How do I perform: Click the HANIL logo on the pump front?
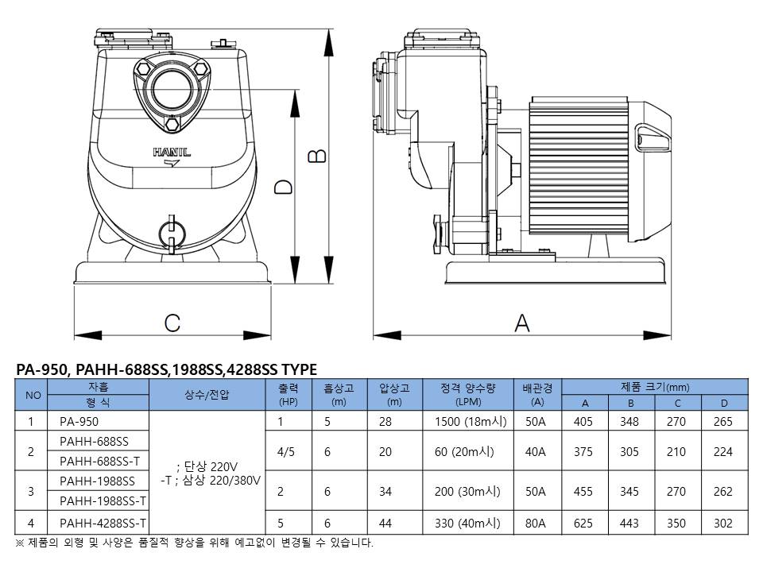[x=172, y=152]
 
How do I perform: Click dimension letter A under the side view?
[x=522, y=322]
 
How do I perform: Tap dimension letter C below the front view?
[x=172, y=323]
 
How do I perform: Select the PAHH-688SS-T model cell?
[x=99, y=462]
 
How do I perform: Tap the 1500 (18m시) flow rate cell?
[x=471, y=422]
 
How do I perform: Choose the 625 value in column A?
[x=584, y=523]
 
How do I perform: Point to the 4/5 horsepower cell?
[x=286, y=451]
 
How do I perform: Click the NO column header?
[x=32, y=396]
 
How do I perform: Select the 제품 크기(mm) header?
[x=655, y=388]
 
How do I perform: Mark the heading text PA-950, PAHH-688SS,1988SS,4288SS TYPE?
[x=166, y=369]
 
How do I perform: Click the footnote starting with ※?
[x=194, y=543]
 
